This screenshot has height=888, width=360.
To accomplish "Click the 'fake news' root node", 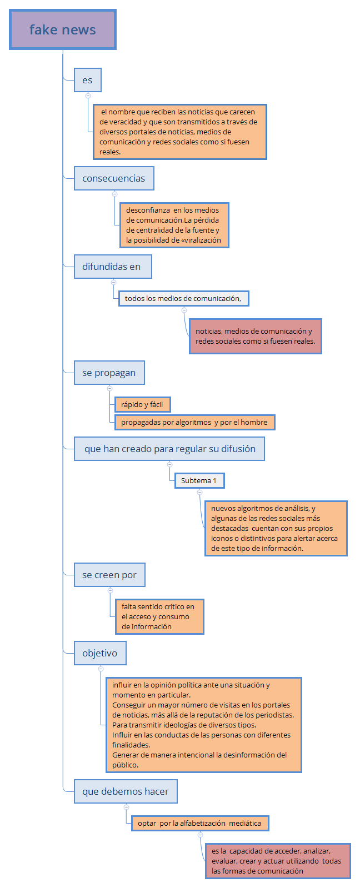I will coord(63,30).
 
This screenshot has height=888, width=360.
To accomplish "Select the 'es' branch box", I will coord(88,80).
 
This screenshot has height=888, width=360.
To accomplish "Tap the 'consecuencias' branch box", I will coord(114,178).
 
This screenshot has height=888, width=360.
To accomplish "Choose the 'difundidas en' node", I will coord(113,267).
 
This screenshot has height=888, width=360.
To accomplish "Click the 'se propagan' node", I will coord(109,373).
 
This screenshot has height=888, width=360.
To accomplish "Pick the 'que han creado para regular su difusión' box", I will coord(169,449).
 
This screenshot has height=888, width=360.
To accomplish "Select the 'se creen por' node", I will coord(109,575).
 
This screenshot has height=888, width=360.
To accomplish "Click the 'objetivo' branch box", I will coord(100,653).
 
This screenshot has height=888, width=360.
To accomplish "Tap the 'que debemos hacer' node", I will coord(126,791).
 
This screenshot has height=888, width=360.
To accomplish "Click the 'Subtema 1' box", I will coord(199,480).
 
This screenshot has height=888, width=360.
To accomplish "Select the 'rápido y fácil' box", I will coord(142,404).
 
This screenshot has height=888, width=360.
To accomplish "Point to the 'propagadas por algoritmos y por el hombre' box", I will coord(194,422).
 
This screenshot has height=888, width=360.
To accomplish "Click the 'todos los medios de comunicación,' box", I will coord(183,298).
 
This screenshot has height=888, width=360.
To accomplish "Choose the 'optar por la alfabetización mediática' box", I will coord(200,823).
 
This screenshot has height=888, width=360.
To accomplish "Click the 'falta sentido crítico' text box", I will coord(159,616).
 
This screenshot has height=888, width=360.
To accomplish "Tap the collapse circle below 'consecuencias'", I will coord(114,194).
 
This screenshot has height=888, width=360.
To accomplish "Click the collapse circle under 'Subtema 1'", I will coord(199,492).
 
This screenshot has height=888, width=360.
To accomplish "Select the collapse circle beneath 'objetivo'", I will coord(101,669).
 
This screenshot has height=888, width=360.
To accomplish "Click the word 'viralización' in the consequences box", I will coord(201,240).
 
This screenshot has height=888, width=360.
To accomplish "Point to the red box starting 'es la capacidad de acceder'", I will coord(278,861).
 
